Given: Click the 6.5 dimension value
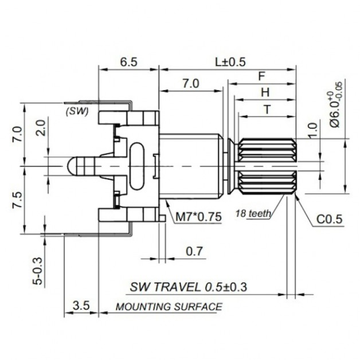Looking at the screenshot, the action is (128, 62).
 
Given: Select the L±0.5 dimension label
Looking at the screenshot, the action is (230, 62).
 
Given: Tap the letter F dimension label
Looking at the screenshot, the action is (262, 76).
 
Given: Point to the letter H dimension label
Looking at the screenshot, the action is (265, 92).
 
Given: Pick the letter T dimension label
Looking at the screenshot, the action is (267, 109).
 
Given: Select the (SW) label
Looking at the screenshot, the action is (77, 111).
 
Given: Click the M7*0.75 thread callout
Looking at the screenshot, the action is (198, 217).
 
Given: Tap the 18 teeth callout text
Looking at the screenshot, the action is (253, 214).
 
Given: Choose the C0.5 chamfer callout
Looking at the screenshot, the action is (330, 219).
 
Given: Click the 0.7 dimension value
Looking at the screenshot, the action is (194, 251).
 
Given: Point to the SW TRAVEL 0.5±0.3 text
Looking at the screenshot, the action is (188, 287).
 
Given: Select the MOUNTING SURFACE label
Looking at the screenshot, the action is (169, 307).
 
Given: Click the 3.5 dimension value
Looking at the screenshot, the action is (81, 306).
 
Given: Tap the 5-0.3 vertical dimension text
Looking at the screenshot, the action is (38, 271).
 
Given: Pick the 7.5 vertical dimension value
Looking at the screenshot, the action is (18, 199).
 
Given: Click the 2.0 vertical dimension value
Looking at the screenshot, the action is (41, 128).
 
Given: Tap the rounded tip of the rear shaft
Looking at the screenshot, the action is (69, 166).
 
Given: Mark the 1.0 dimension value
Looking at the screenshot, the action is (313, 130).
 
